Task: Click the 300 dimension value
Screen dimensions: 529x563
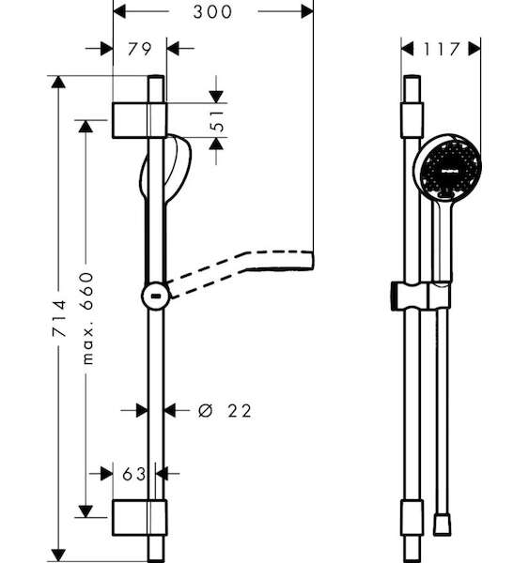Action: [x=212, y=12]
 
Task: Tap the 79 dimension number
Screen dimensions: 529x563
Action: [x=140, y=49]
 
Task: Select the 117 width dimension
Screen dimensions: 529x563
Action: [x=442, y=49]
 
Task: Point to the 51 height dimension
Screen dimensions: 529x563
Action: [x=217, y=121]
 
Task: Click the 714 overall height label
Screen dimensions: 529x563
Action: [x=59, y=318]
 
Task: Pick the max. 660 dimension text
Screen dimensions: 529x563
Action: [x=87, y=318]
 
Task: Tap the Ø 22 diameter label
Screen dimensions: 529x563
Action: [x=225, y=411]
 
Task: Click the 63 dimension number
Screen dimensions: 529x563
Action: [x=133, y=474]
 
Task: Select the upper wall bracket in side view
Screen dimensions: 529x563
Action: [x=140, y=120]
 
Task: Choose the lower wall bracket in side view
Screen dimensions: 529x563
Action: [x=140, y=517]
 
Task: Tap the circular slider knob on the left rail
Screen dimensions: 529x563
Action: [x=156, y=296]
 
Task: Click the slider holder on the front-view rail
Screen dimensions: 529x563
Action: [x=421, y=296]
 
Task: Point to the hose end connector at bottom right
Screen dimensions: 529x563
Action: [x=442, y=525]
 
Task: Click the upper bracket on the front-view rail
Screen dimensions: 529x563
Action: [x=412, y=120]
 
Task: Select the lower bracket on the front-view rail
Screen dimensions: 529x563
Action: [x=412, y=517]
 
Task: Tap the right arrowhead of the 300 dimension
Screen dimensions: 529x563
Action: [x=307, y=11]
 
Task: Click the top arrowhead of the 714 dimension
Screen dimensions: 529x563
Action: [x=58, y=82]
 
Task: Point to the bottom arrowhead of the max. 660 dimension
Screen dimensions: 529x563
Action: [x=86, y=511]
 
